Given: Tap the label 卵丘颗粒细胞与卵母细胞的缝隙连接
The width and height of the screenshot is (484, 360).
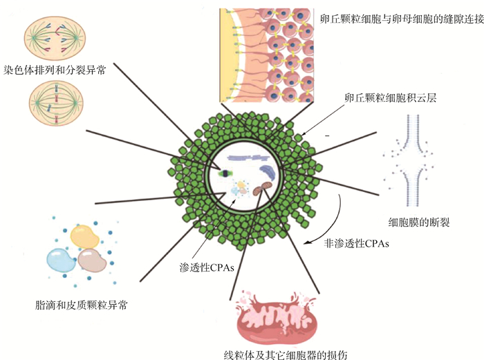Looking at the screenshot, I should pos(395,16).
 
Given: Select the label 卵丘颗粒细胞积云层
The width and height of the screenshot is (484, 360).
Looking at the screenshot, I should pos(391,99).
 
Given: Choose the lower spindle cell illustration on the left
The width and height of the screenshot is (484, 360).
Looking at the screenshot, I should pos(57,103).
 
